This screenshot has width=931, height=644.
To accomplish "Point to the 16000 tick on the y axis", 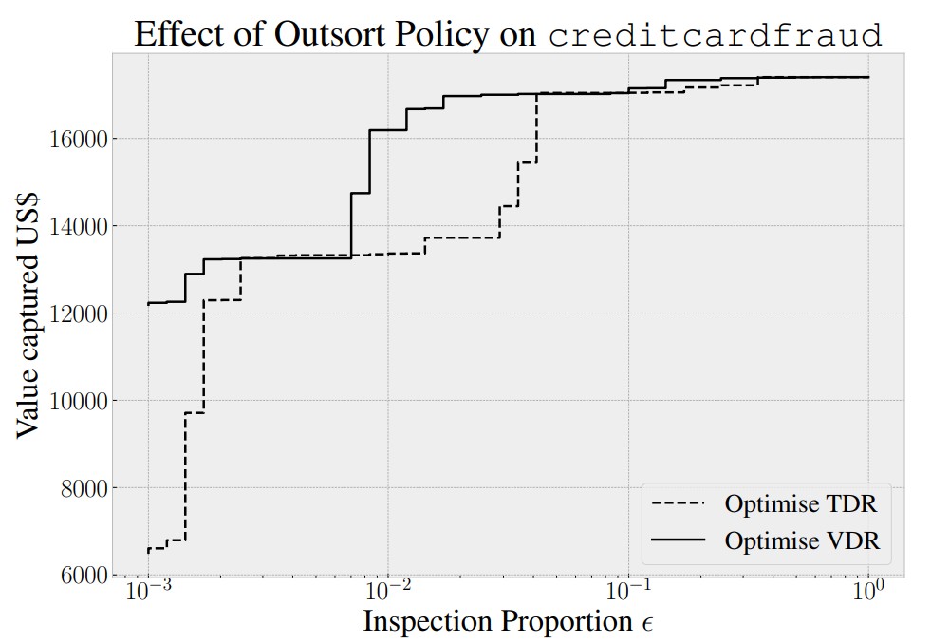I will click(x=76, y=139).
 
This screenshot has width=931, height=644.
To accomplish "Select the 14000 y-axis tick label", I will click(x=76, y=226).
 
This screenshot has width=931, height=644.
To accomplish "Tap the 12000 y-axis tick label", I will click(x=76, y=313).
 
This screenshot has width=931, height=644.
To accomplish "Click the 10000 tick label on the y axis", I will click(x=76, y=401).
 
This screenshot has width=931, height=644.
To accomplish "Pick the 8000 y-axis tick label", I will click(x=82, y=488).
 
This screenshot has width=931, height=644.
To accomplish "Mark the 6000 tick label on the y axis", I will click(x=82, y=575).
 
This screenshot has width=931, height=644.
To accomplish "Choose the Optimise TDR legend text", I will click(x=801, y=502).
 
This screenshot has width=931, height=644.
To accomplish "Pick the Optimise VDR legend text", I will click(x=802, y=540).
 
